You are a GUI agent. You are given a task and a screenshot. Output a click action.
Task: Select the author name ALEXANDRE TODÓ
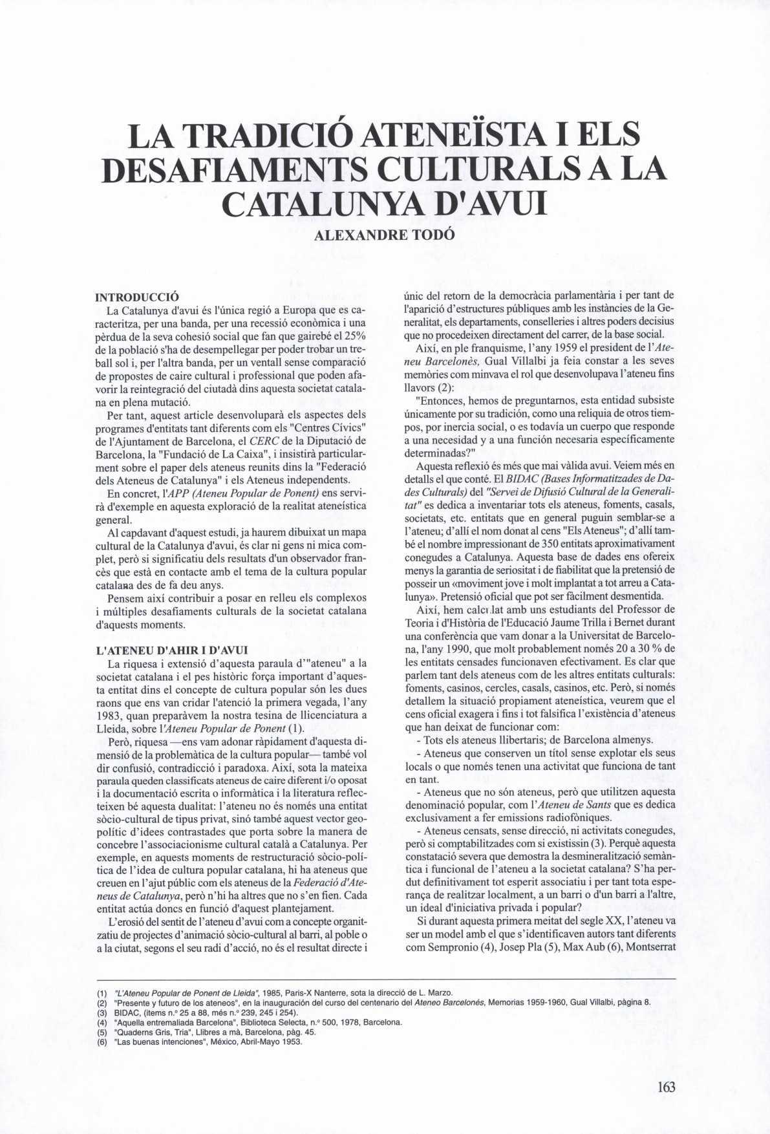click(385, 235)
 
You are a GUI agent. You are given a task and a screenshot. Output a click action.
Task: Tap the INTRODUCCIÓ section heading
click(137, 298)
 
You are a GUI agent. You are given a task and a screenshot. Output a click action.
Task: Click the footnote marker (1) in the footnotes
click(102, 992)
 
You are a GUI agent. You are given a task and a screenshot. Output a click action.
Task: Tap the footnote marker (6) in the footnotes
click(102, 1042)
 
